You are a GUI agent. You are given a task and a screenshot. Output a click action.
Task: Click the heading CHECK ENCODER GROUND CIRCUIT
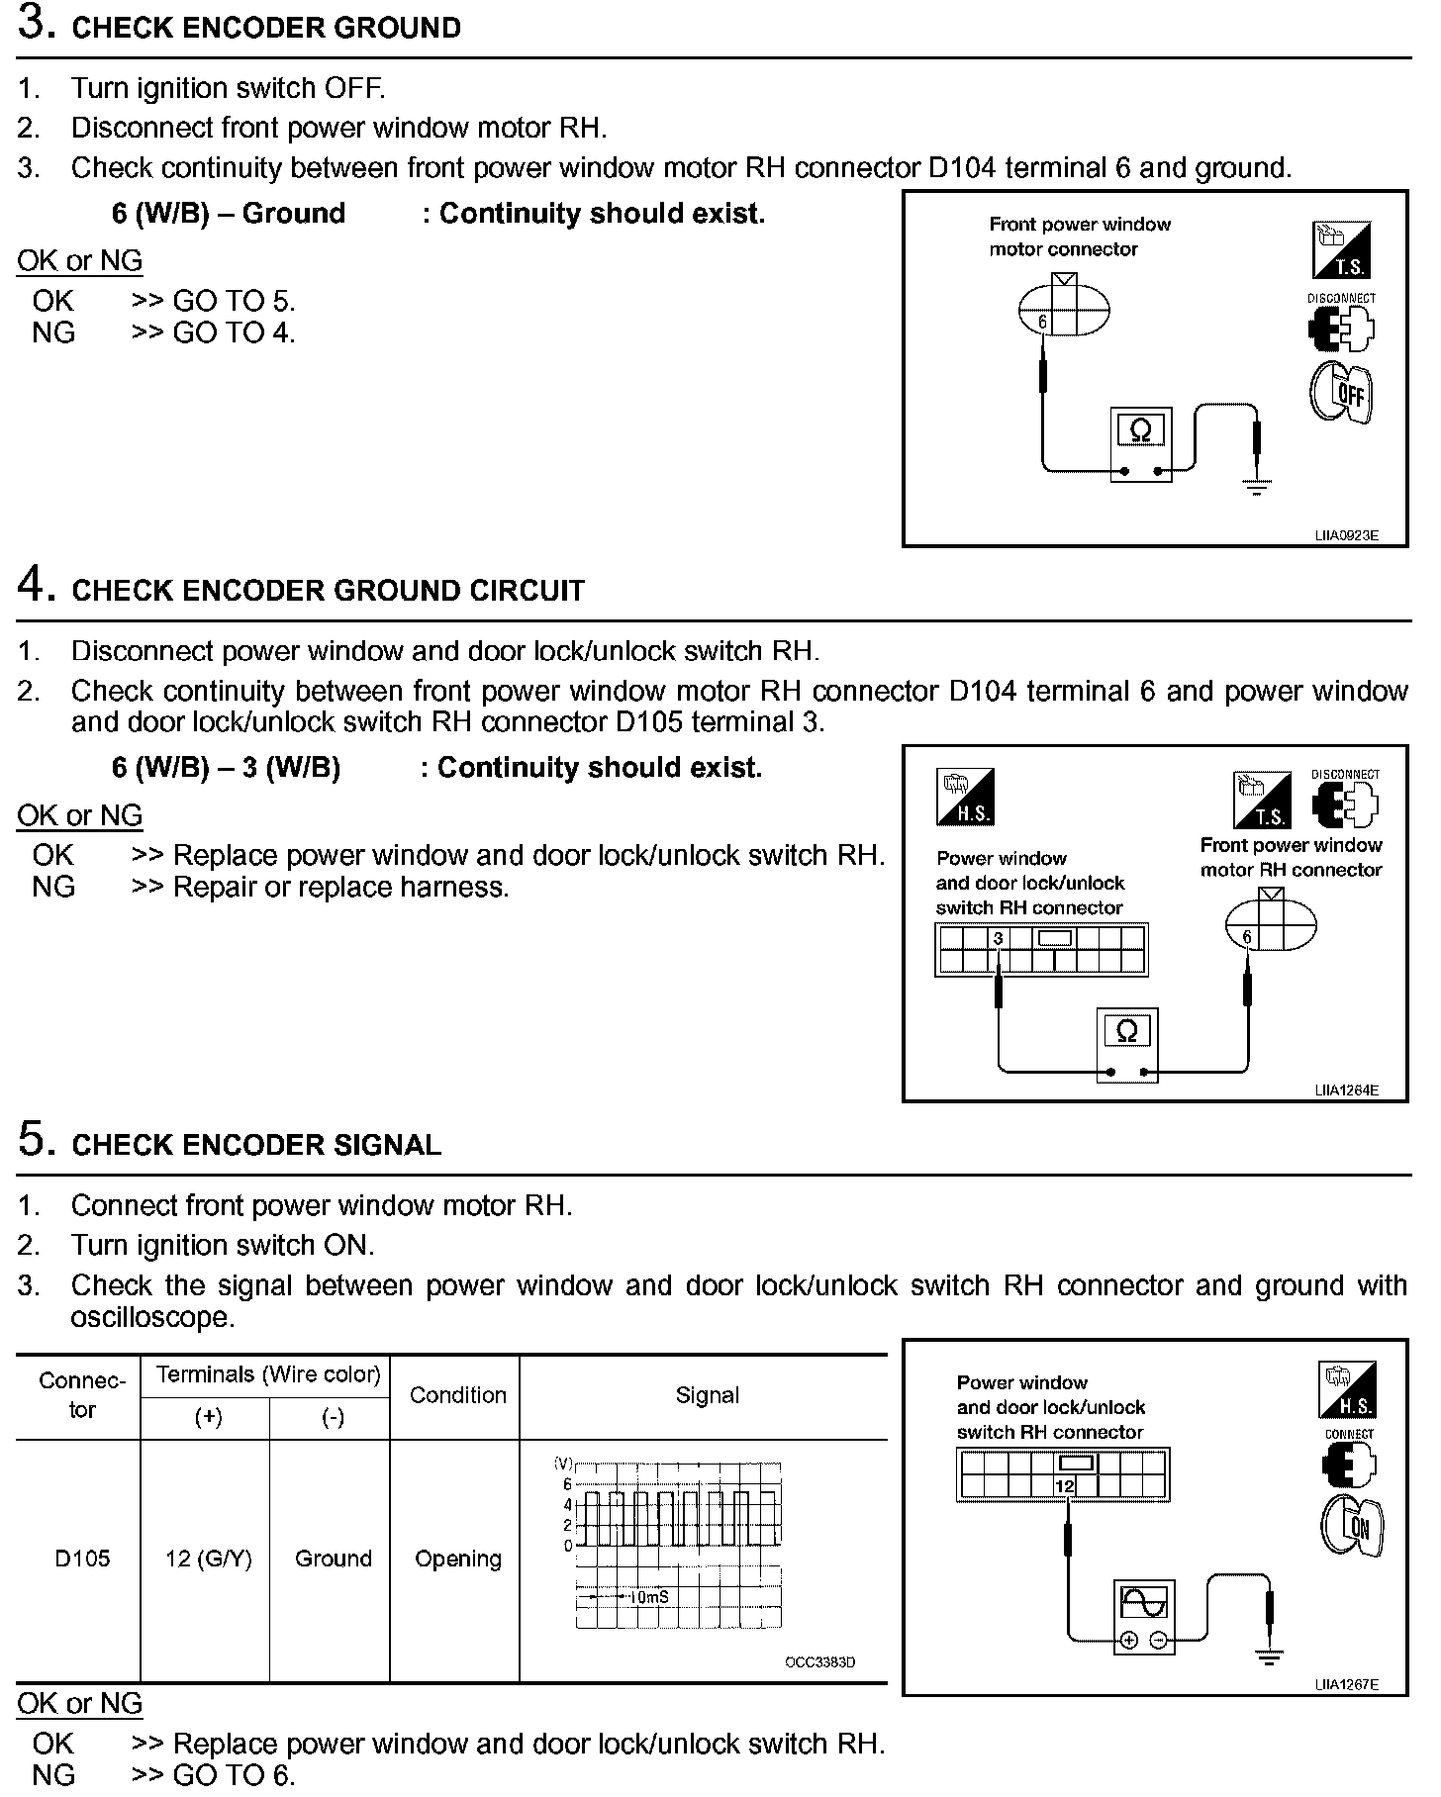(328, 591)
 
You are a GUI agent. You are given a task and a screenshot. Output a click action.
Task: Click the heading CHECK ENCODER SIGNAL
(256, 1145)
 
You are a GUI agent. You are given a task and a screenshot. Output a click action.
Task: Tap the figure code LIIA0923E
(1346, 535)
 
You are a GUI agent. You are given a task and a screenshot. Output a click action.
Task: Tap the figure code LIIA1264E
(1346, 1090)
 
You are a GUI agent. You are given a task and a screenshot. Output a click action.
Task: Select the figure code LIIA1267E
(1346, 1684)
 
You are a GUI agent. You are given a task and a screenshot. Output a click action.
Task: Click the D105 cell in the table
(82, 1559)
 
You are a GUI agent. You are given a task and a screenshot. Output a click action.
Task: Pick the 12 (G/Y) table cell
(208, 1559)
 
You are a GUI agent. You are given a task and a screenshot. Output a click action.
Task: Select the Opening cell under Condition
(457, 1559)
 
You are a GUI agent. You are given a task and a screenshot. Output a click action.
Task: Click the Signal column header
(707, 1395)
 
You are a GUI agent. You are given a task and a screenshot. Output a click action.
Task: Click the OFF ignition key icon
(1342, 394)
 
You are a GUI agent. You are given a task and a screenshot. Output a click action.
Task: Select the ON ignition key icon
(1352, 1525)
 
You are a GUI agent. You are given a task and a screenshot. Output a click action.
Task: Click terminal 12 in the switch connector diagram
(1065, 1486)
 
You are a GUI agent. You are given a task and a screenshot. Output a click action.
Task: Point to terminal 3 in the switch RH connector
(998, 938)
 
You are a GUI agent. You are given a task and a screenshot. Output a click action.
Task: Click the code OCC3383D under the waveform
(819, 1661)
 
